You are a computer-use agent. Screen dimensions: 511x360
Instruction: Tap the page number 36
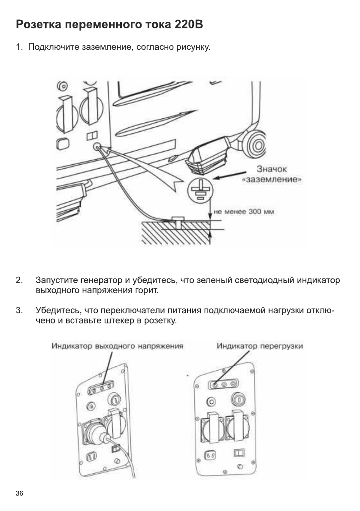point(19,493)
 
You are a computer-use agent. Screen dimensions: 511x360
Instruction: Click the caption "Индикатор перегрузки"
point(260,345)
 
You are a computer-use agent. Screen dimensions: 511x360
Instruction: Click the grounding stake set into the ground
point(176,221)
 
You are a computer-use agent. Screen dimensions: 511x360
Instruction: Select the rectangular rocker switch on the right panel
point(238,453)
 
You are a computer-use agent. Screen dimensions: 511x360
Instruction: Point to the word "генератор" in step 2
point(102,281)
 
